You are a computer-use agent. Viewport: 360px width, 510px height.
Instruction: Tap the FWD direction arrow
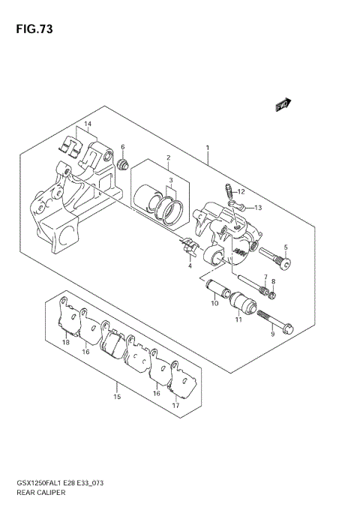click(x=283, y=105)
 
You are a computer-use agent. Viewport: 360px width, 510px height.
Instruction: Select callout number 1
click(x=208, y=148)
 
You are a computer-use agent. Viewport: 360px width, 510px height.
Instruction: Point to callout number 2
click(x=169, y=157)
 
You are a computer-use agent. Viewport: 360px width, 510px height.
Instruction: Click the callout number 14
click(x=87, y=124)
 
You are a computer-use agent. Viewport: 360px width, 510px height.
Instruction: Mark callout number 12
click(x=241, y=191)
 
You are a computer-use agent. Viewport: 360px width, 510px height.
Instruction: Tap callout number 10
click(x=214, y=303)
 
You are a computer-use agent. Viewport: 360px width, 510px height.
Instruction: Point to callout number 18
click(x=66, y=342)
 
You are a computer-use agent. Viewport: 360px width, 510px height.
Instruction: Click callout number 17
click(x=175, y=406)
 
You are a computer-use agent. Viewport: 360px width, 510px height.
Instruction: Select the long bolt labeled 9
click(x=275, y=319)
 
